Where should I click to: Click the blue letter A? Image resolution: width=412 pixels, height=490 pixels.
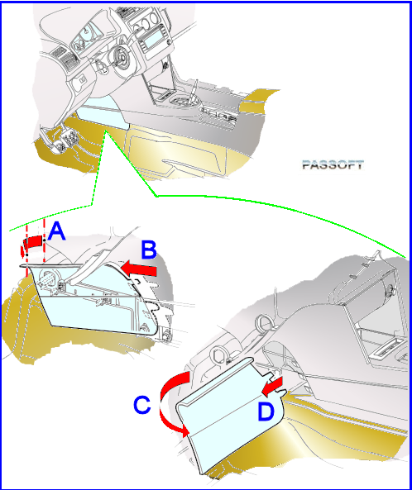[56, 231]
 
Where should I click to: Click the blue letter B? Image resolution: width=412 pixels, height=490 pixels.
[149, 250]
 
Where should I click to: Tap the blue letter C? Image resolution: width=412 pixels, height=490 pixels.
[142, 405]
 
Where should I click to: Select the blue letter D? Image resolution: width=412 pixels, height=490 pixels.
[266, 412]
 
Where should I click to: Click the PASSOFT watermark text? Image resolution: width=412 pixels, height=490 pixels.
[333, 164]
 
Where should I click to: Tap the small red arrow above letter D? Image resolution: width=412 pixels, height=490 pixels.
[272, 385]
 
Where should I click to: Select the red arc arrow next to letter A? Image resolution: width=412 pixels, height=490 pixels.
[31, 243]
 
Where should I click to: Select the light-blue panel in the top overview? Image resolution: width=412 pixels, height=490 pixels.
[103, 114]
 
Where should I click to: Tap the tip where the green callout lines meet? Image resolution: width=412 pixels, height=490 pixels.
[106, 131]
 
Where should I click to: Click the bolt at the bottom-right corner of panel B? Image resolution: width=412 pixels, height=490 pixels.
[165, 336]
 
